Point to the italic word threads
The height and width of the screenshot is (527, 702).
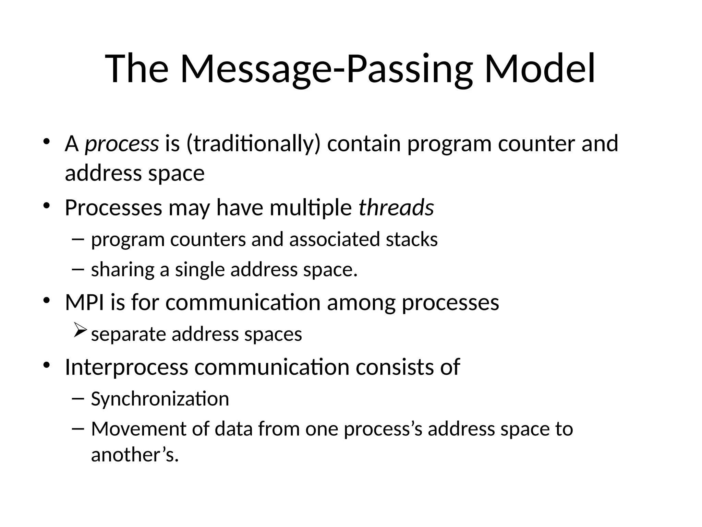click(x=396, y=208)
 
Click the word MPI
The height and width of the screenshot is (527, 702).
click(x=84, y=302)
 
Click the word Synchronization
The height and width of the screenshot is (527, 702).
click(x=160, y=399)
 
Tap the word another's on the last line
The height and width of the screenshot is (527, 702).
click(x=135, y=455)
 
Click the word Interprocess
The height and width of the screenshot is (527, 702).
click(x=126, y=367)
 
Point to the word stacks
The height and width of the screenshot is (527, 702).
click(x=411, y=239)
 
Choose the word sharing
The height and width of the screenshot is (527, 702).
click(x=122, y=270)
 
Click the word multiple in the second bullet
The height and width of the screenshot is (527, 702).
click(x=311, y=208)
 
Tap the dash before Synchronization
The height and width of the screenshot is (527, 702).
click(x=78, y=398)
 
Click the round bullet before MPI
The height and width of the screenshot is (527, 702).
click(x=47, y=301)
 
